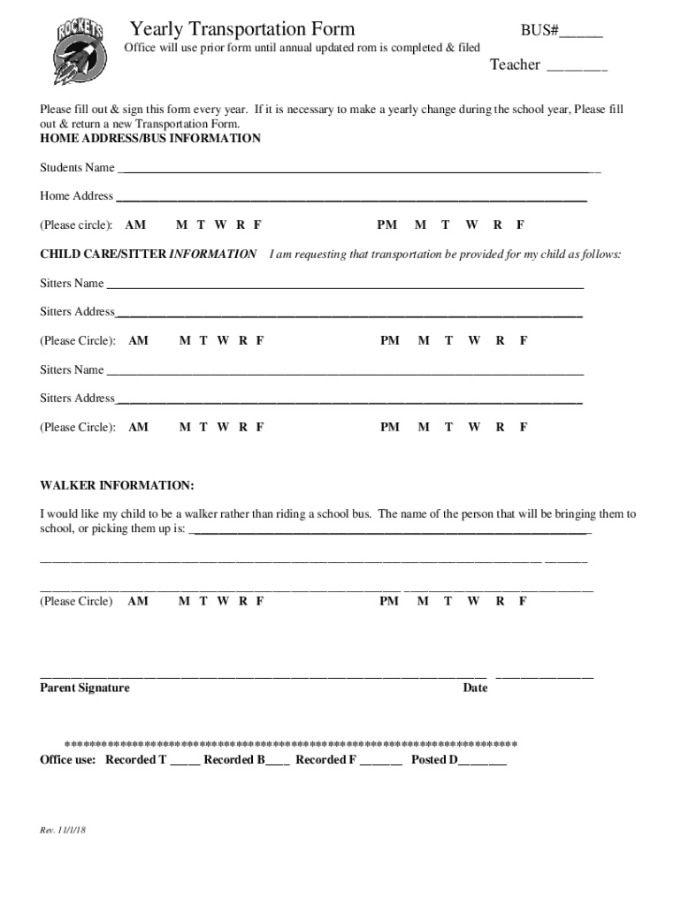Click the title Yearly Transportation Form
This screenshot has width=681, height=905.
tap(241, 30)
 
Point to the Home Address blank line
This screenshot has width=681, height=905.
tap(351, 199)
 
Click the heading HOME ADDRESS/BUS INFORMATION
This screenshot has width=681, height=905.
tap(150, 139)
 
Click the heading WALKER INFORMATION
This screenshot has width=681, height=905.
tap(117, 486)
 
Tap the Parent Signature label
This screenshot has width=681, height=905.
tap(85, 688)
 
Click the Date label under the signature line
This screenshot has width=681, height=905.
tap(475, 688)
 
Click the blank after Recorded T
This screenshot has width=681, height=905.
tap(185, 762)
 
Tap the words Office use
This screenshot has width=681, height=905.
tap(68, 759)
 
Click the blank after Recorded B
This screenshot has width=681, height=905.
tap(277, 762)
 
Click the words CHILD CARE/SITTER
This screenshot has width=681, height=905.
tap(103, 254)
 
